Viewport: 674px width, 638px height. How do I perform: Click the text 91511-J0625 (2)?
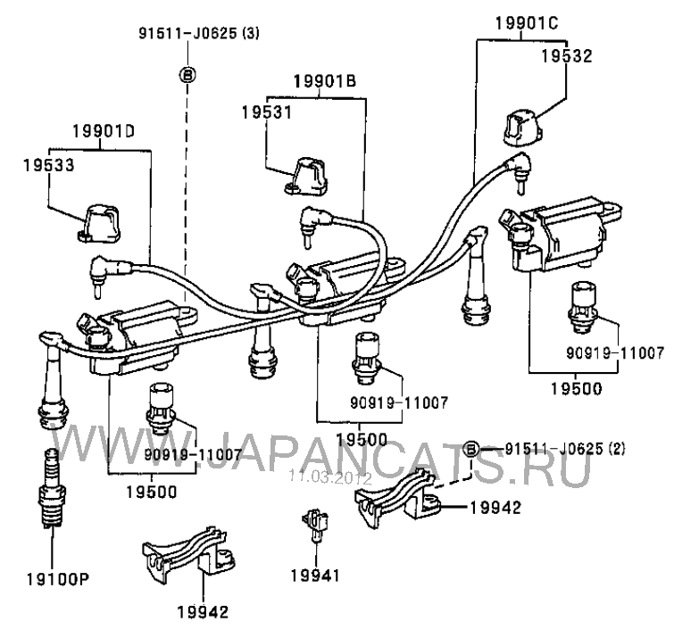563,448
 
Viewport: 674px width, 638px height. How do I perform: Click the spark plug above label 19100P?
49,493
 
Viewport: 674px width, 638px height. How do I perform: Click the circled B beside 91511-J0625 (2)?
472,448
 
